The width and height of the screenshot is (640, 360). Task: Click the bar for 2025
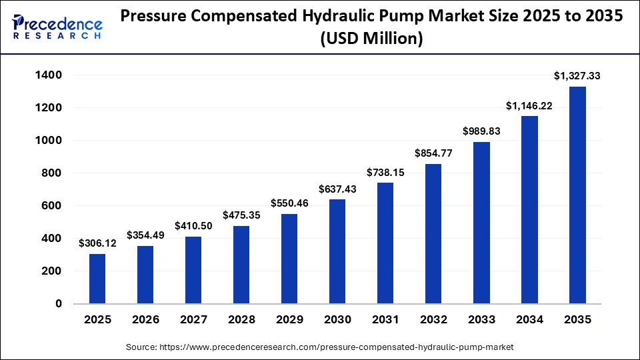[x=97, y=279]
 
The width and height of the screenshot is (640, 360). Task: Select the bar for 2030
[x=337, y=251]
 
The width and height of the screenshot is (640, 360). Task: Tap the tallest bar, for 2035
[x=577, y=195]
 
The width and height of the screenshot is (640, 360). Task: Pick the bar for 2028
[x=241, y=265]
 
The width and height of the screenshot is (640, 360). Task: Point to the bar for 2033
[x=481, y=223]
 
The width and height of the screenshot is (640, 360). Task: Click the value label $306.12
[x=97, y=243]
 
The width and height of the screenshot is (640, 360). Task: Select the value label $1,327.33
[x=577, y=77]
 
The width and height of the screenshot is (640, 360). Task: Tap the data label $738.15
[x=385, y=172]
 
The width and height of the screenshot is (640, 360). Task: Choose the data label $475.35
[x=241, y=215]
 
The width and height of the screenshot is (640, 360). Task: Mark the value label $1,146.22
[x=529, y=105]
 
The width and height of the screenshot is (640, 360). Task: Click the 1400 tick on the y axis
[x=49, y=75]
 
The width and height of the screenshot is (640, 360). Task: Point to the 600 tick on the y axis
[x=53, y=206]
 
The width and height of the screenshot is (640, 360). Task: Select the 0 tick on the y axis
[x=59, y=304]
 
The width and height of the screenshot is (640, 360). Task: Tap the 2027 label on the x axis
[x=193, y=320]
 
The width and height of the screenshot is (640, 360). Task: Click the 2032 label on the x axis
[x=433, y=320]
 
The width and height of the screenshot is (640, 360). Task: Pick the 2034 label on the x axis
[x=529, y=320]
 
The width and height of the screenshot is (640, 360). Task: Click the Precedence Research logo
[x=57, y=27]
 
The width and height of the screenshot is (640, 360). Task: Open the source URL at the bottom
[x=320, y=347]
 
